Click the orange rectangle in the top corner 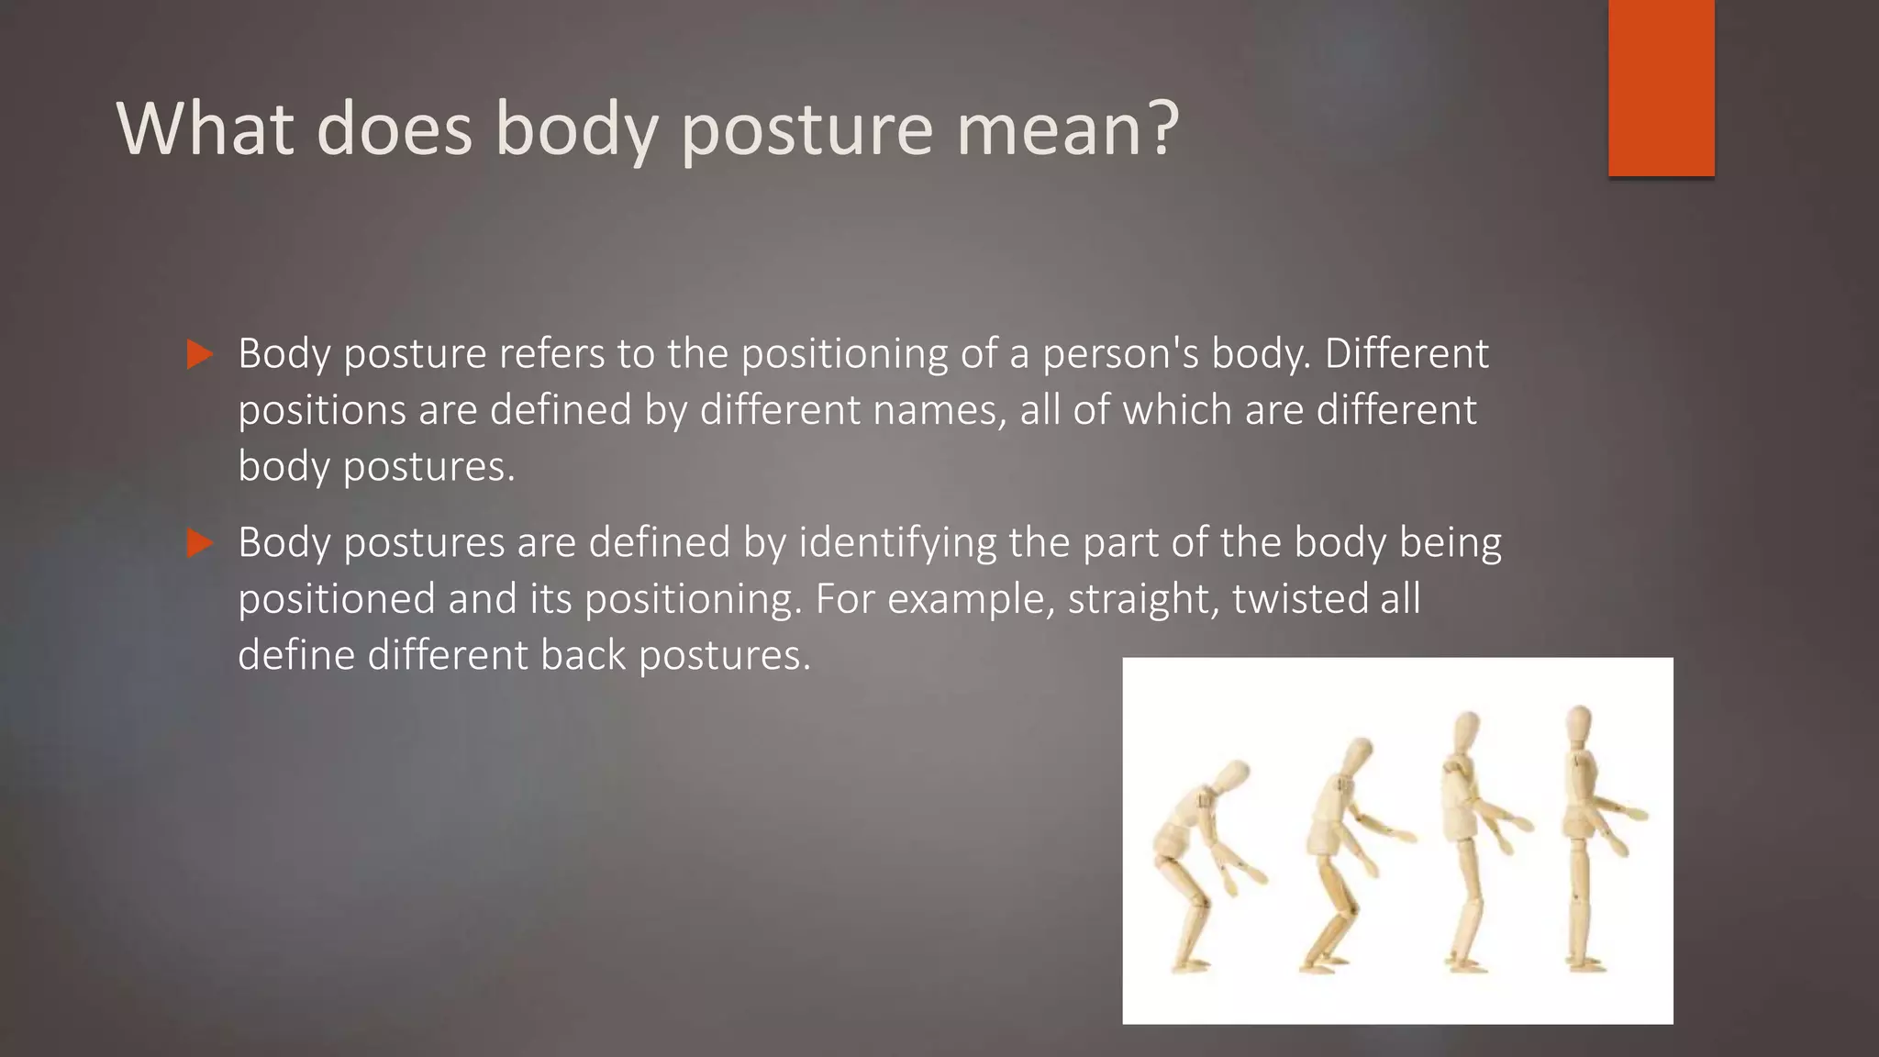point(1661,87)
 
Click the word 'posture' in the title point(806,129)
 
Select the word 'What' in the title point(205,129)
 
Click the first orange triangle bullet point(199,354)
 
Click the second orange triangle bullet point(199,543)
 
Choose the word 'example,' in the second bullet point(980,599)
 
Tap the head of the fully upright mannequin point(1578,725)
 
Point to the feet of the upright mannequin point(1585,963)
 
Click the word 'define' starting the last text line point(296,656)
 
